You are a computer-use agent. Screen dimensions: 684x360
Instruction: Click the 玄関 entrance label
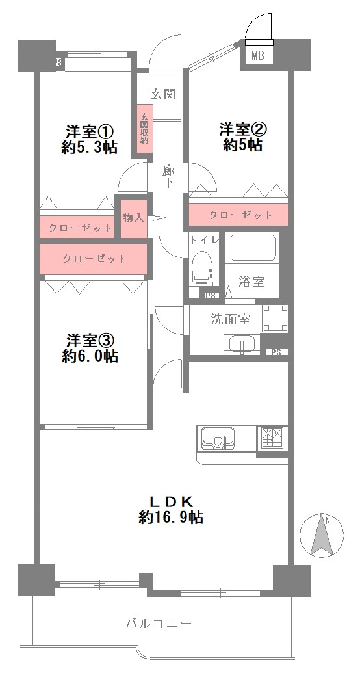tap(163, 94)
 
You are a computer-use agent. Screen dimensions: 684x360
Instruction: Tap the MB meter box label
tap(257, 57)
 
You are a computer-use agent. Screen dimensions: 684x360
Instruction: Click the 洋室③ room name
tap(90, 340)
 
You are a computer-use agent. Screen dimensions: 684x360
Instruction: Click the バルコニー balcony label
tap(159, 624)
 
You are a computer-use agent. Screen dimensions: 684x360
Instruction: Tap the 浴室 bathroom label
tap(251, 282)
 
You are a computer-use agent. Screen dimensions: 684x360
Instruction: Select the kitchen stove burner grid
tap(271, 437)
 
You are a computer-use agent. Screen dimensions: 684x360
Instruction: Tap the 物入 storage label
tap(133, 217)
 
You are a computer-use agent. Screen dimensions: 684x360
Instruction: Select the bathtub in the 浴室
tap(253, 248)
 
